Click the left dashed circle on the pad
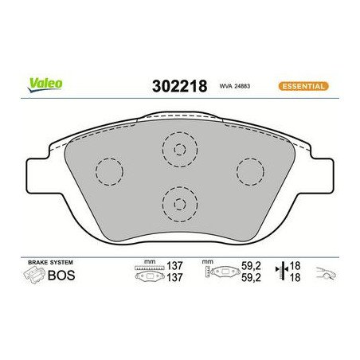click(108, 170)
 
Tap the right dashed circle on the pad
click(250, 170)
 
